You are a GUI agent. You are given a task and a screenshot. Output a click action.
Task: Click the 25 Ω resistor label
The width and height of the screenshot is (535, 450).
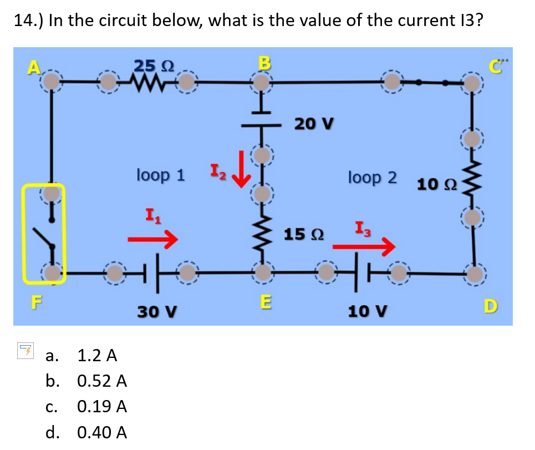154,65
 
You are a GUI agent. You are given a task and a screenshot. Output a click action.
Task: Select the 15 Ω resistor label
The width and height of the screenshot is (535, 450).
303,235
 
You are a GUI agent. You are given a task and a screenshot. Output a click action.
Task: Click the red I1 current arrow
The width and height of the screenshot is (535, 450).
152,239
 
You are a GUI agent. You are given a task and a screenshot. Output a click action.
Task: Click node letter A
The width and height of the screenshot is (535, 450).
34,67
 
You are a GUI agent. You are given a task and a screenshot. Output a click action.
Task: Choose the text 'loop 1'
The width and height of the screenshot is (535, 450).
160,175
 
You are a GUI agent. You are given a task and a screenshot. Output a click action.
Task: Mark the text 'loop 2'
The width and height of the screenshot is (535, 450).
372,178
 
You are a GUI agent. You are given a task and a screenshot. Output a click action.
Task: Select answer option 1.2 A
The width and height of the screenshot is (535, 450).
97,355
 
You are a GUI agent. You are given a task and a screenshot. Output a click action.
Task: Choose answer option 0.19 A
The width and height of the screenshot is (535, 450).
103,407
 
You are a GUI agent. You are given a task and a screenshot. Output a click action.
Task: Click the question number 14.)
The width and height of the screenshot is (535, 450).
28,21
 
